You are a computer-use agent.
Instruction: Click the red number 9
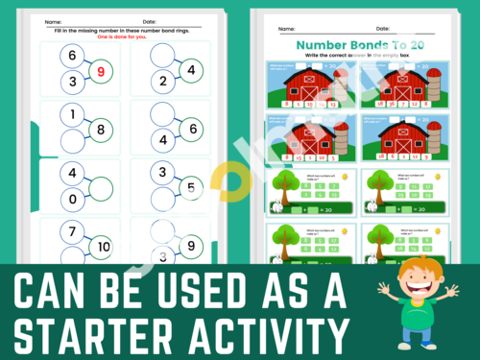(103, 69)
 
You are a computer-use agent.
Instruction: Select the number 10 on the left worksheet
(103, 247)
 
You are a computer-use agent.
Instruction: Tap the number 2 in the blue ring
(164, 82)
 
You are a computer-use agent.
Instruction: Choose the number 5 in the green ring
(192, 187)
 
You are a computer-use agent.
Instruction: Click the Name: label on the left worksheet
(53, 20)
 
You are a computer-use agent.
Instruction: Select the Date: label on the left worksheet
(149, 20)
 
